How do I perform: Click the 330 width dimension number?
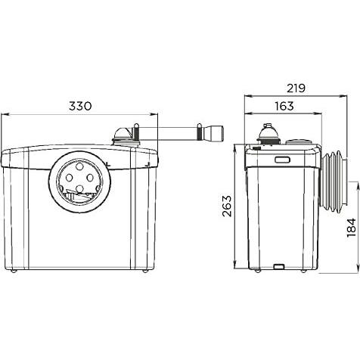80,106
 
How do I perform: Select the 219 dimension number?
296,88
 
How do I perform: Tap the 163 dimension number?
284,106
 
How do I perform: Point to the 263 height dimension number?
227,206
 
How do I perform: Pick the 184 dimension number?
351,228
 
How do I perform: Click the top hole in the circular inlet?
80,166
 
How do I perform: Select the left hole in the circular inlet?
69,178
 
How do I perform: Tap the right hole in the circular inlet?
90,178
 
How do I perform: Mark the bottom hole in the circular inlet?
80,188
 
